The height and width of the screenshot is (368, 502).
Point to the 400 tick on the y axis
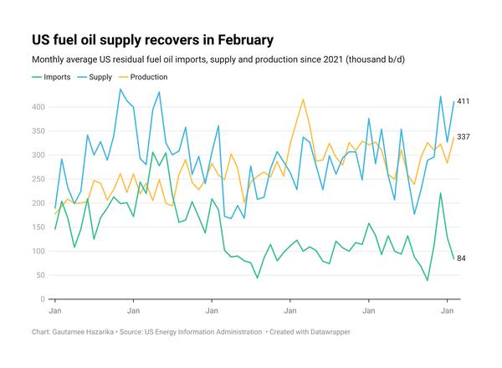(38, 107)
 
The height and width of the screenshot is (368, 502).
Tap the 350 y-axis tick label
(38, 131)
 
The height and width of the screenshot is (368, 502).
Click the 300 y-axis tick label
(38, 156)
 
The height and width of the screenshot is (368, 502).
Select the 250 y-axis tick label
(38, 179)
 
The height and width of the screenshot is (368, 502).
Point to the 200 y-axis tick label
(38, 203)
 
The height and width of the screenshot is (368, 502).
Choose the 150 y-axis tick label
(38, 227)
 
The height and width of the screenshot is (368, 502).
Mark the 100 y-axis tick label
(38, 252)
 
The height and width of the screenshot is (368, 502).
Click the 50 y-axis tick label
(40, 275)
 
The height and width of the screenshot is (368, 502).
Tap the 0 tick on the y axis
(43, 299)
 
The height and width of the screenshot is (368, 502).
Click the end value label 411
(463, 101)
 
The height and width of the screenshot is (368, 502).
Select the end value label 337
(463, 136)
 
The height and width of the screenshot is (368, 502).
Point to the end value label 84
(461, 258)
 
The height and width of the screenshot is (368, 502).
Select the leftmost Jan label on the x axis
(55, 311)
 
